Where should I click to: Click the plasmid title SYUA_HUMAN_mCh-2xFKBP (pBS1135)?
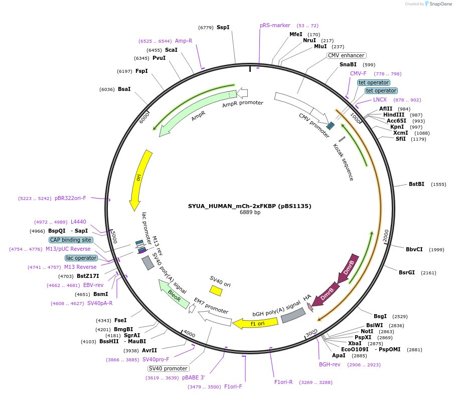249,206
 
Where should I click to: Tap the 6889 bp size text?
250,213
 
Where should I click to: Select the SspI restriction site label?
223,27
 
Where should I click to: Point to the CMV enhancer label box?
347,55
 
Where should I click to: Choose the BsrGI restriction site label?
407,272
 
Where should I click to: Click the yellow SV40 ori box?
216,290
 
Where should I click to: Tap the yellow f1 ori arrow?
251,323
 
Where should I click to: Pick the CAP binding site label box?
71,240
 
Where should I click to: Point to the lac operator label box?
81,258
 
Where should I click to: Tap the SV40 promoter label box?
169,368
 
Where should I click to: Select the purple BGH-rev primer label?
330,364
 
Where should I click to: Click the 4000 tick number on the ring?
189,334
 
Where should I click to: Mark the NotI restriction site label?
367,331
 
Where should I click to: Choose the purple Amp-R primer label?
184,41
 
